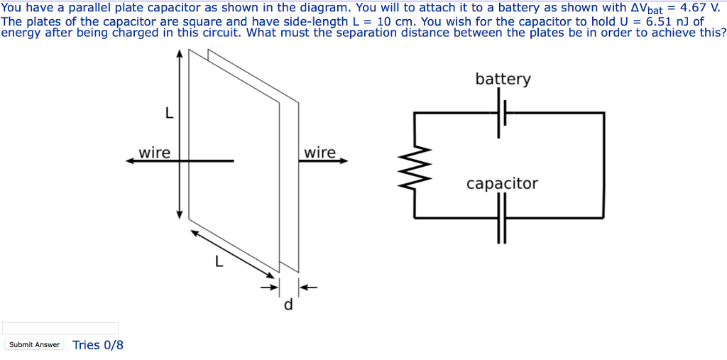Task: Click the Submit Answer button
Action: click(x=34, y=344)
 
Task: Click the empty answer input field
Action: click(x=60, y=328)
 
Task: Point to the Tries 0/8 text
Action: click(x=98, y=345)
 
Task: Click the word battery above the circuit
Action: click(x=503, y=79)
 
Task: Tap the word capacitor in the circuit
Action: click(x=502, y=184)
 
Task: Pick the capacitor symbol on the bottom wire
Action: click(x=502, y=218)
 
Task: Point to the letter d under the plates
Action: click(x=288, y=305)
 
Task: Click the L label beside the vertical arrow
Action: click(x=168, y=113)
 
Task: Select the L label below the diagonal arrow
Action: click(x=219, y=262)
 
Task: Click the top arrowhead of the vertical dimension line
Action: click(x=180, y=54)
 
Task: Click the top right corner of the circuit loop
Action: click(x=604, y=112)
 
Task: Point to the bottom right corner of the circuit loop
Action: click(x=604, y=218)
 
